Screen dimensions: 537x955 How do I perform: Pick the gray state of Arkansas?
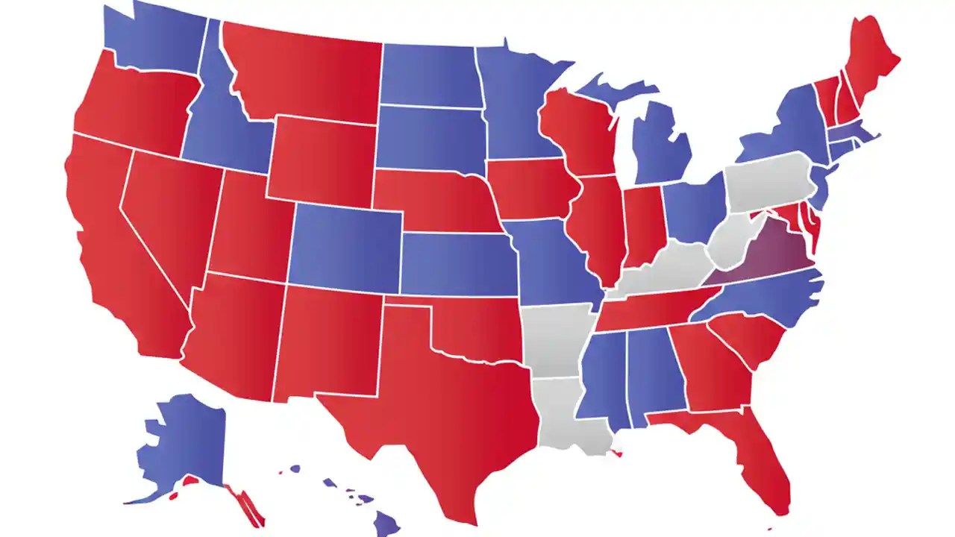click(x=556, y=339)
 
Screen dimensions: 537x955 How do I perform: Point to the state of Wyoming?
click(x=321, y=160)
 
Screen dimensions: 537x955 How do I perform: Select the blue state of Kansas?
click(x=455, y=265)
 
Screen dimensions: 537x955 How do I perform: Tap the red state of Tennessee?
click(x=649, y=310)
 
